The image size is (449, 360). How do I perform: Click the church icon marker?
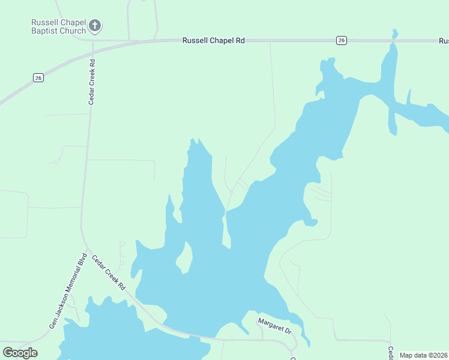tap(95, 26)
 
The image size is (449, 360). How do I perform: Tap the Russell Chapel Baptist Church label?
tap(59, 26)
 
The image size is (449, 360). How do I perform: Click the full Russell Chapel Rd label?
tap(214, 40)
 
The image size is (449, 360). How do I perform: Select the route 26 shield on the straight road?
tap(341, 40)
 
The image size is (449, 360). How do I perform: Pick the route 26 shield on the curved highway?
tap(38, 77)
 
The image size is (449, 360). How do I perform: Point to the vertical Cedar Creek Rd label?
tap(92, 82)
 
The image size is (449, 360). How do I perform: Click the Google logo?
tap(20, 353)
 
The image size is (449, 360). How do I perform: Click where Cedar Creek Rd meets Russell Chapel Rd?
tap(93, 41)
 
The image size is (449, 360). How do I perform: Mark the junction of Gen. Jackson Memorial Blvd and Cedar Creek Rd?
tap(88, 248)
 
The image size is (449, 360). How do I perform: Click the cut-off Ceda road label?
tap(390, 353)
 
